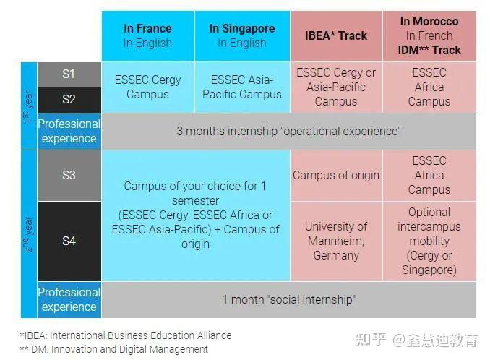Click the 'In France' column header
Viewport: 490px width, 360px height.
148,36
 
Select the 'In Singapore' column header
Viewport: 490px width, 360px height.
242,36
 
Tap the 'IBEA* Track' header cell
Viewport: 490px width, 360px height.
336,36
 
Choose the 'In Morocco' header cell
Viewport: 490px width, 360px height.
429,36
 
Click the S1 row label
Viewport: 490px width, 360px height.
69,74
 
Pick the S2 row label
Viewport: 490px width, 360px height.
69,99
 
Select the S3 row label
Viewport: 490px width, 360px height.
69,176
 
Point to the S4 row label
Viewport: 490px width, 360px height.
69,241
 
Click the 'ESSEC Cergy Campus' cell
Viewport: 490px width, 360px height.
148,87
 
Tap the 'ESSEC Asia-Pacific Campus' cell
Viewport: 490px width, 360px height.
242,87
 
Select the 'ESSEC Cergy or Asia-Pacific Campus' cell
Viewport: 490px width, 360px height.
336,87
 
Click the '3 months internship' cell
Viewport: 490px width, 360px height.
288,132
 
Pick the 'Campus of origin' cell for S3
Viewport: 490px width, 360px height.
336,176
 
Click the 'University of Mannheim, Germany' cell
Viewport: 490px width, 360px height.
336,241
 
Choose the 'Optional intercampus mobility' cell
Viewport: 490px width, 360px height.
429,241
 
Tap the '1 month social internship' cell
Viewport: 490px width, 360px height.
288,299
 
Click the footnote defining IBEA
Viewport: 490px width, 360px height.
126,335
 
